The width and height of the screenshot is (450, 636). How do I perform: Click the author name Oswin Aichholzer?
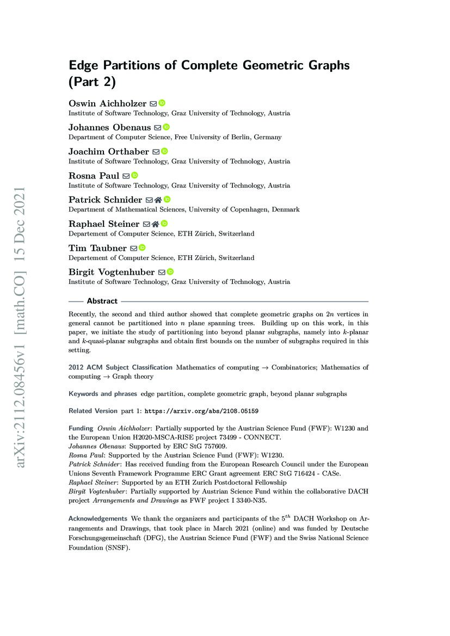click(107, 103)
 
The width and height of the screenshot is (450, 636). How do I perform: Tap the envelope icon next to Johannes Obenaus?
click(158, 127)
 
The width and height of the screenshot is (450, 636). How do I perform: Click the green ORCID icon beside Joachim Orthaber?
click(164, 151)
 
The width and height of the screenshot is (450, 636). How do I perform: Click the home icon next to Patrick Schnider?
click(158, 200)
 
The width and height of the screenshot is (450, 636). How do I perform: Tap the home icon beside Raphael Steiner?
click(155, 224)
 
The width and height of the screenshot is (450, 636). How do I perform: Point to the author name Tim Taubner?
click(97, 248)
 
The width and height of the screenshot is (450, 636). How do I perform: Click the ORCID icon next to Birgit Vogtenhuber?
click(170, 271)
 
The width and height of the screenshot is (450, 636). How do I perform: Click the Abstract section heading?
click(102, 301)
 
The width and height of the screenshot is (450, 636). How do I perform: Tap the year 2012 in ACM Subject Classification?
click(76, 367)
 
